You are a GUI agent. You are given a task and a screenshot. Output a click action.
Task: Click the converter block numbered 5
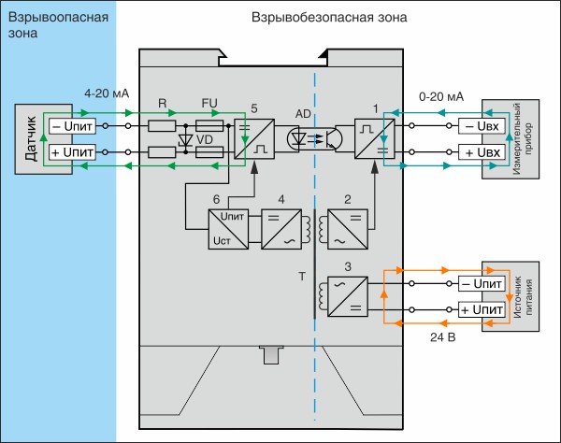(254, 138)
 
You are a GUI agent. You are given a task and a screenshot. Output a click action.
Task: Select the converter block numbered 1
(375, 138)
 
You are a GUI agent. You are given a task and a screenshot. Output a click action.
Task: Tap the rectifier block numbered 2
(348, 229)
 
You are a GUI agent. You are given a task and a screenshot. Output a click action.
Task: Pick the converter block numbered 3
(348, 296)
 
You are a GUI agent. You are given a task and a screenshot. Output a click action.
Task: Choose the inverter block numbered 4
(281, 229)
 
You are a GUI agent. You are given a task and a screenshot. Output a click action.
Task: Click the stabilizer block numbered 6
(228, 229)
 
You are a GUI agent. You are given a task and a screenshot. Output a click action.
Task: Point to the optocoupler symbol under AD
(315, 138)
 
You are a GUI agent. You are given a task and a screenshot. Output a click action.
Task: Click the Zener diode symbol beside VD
(186, 140)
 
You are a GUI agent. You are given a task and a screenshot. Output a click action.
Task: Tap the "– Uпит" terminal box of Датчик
(72, 126)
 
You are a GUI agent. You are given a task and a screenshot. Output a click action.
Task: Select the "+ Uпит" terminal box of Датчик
(72, 152)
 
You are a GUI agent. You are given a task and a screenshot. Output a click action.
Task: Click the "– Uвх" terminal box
(482, 126)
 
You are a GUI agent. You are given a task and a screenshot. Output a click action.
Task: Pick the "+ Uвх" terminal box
(482, 152)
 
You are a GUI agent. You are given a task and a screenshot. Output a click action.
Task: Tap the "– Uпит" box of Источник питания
(482, 283)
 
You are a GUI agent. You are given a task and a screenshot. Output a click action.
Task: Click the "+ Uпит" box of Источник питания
(482, 309)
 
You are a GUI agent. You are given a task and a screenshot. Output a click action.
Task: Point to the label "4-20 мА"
(107, 93)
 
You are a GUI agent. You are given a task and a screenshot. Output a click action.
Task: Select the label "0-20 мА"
(441, 96)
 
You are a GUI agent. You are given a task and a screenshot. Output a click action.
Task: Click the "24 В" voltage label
(443, 337)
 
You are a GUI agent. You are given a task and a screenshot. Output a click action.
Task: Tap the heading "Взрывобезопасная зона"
(329, 17)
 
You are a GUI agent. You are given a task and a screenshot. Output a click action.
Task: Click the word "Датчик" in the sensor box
(31, 138)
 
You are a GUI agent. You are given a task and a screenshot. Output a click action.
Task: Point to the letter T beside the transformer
(302, 276)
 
